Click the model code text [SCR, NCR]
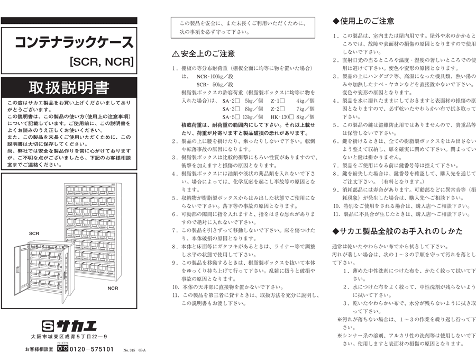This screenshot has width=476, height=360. [x=100, y=61]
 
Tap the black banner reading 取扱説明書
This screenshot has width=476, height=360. [x=69, y=87]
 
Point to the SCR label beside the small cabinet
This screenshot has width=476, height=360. [x=34, y=233]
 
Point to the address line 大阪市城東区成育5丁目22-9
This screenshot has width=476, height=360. [x=69, y=337]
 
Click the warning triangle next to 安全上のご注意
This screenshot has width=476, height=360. [x=176, y=54]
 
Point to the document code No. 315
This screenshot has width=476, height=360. [x=129, y=350]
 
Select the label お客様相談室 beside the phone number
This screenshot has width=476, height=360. [x=39, y=349]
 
